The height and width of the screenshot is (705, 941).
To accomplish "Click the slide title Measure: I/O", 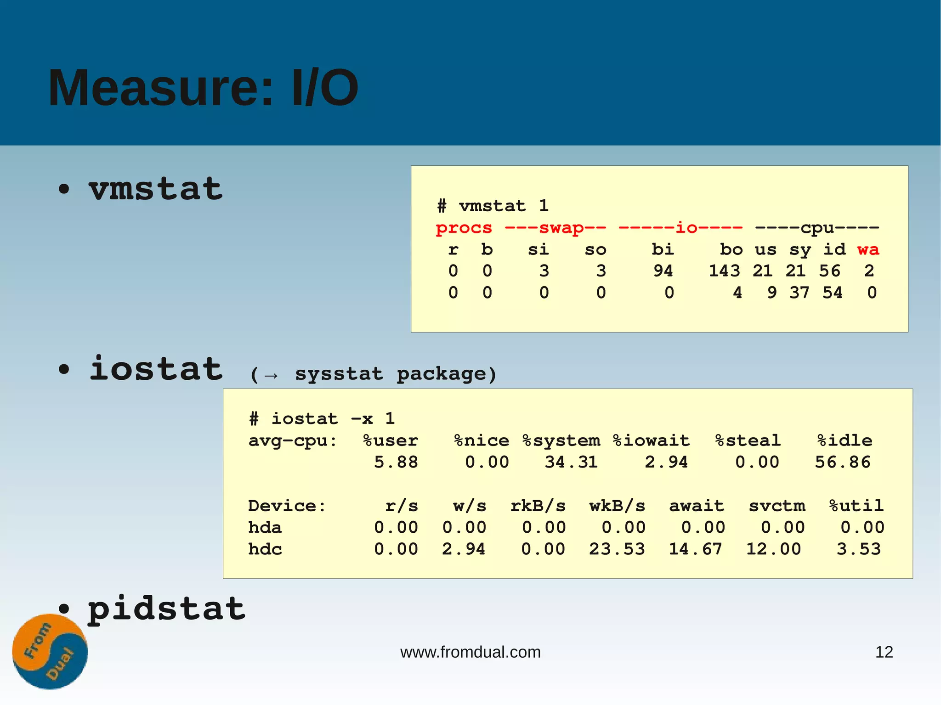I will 203,88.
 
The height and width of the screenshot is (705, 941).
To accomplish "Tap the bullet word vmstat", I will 155,189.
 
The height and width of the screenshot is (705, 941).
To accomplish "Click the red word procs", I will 464,228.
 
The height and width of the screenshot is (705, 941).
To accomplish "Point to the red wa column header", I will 867,249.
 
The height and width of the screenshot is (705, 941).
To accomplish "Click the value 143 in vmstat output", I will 724,271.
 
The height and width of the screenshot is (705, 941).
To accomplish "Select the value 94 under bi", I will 663,271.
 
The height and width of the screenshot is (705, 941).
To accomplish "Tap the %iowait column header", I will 651,440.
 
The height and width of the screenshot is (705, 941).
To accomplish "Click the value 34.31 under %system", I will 571,462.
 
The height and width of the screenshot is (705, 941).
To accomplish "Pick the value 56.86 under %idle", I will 843,462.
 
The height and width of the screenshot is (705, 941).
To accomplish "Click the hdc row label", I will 265,549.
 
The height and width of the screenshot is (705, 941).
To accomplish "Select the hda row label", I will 265,527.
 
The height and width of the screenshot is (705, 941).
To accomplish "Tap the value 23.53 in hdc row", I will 617,549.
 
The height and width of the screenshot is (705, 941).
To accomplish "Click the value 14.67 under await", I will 695,549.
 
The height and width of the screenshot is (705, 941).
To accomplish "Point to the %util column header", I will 856,506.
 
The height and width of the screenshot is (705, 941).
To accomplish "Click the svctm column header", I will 777,506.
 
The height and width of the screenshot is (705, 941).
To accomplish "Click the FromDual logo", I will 50,651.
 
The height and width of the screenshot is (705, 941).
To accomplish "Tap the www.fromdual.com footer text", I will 470,652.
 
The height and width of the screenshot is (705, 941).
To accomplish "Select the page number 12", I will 884,652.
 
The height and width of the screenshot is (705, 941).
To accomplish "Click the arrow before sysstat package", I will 271,376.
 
